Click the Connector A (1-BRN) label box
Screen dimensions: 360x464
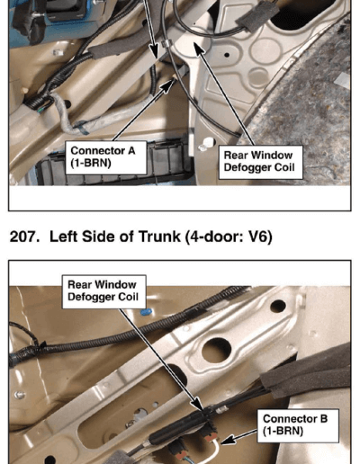click(106, 157)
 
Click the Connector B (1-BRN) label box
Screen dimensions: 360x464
click(298, 425)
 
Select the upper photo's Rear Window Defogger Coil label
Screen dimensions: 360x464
click(261, 162)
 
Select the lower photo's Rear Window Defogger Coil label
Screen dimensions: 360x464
click(104, 291)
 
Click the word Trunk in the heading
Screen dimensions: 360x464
click(159, 236)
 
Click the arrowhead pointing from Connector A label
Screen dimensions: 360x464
click(168, 85)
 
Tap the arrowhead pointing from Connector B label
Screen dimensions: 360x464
click(227, 440)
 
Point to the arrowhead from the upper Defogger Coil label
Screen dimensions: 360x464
click(199, 49)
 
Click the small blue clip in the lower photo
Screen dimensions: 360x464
click(146, 312)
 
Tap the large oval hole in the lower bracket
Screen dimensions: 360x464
click(217, 349)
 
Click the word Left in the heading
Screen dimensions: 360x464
click(64, 236)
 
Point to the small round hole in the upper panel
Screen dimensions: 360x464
click(227, 55)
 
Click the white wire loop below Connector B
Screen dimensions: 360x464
click(213, 450)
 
